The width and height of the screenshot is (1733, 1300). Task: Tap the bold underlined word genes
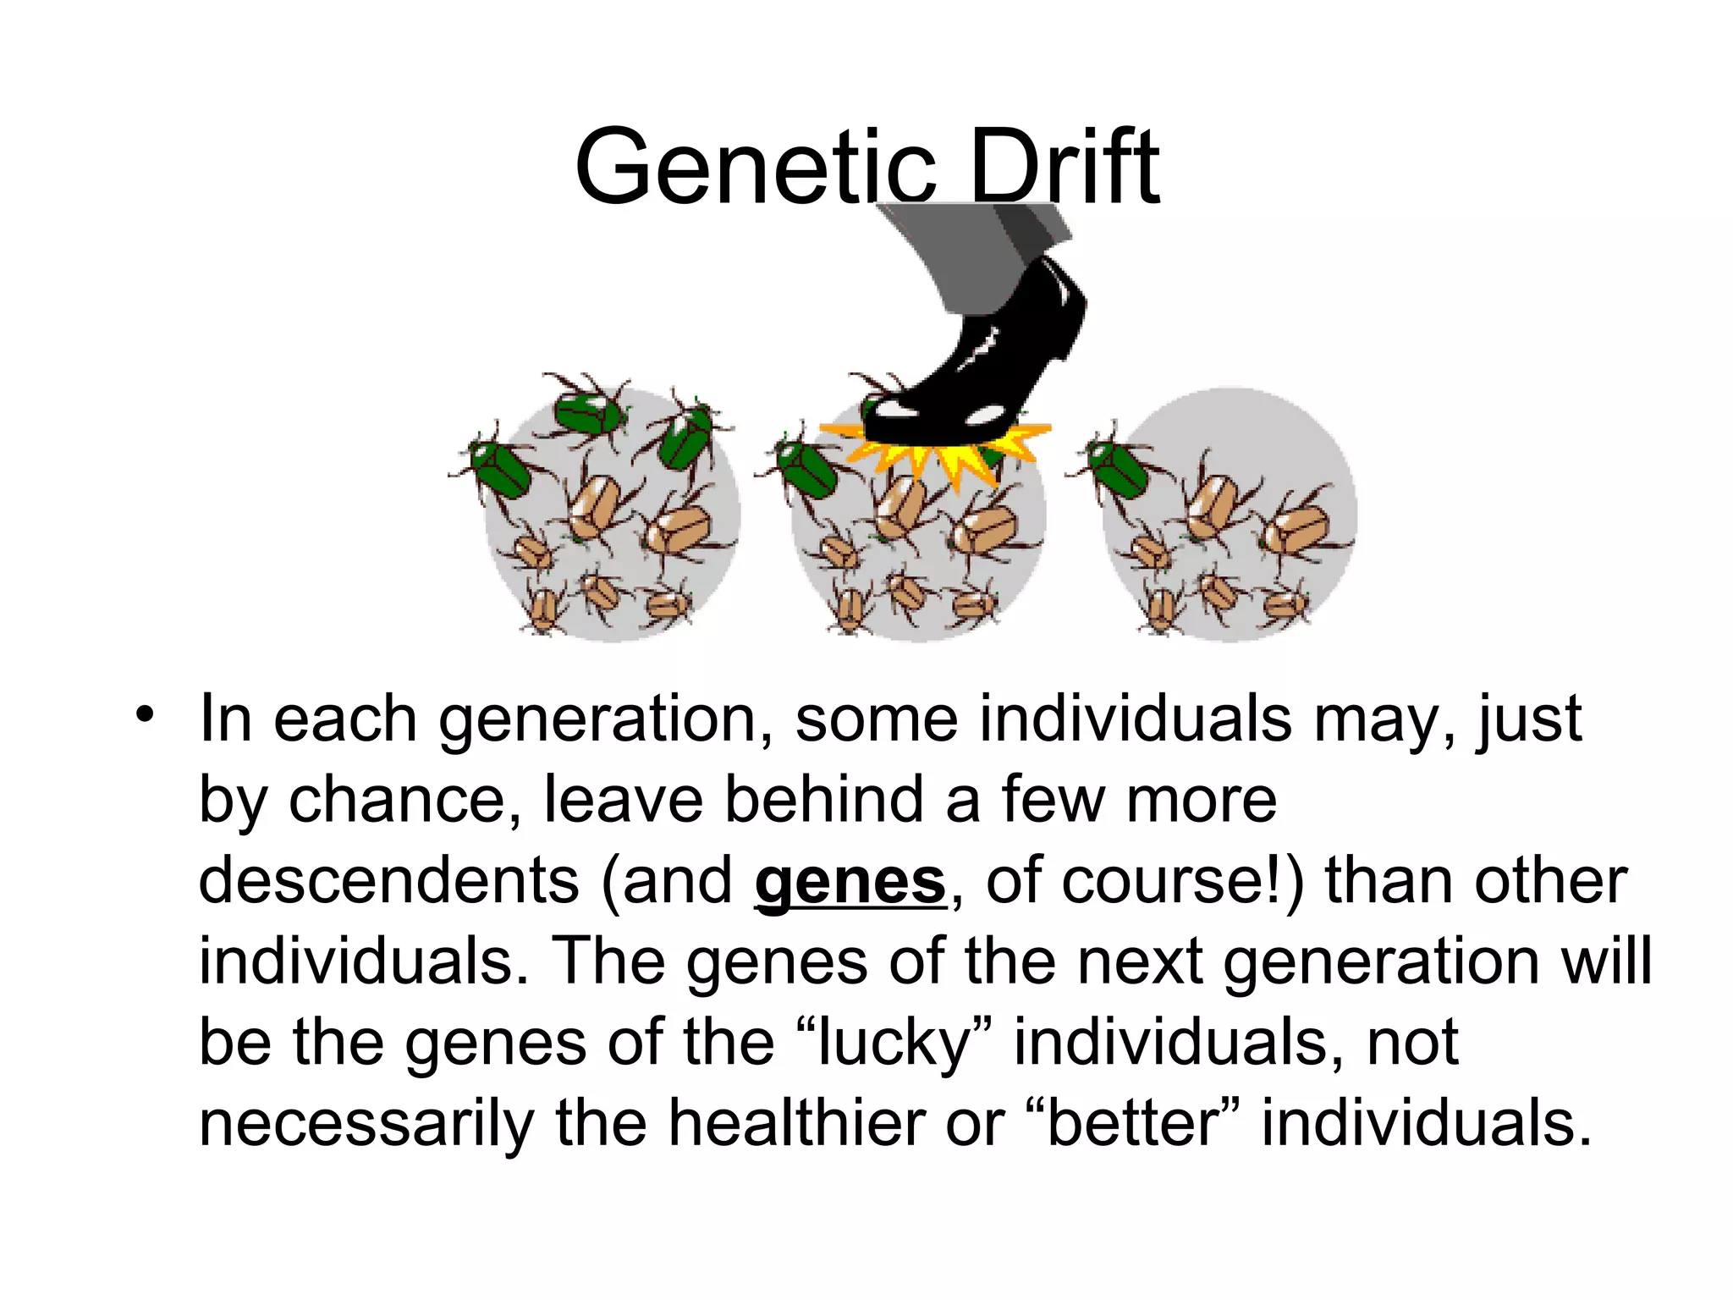coord(850,882)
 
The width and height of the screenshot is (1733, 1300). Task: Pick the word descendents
coord(389,882)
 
